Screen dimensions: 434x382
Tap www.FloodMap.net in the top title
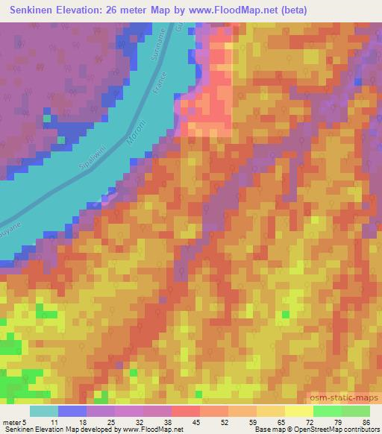pos(233,10)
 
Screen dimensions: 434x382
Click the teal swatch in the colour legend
pos(44,410)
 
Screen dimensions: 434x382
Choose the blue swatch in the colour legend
pos(72,410)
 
